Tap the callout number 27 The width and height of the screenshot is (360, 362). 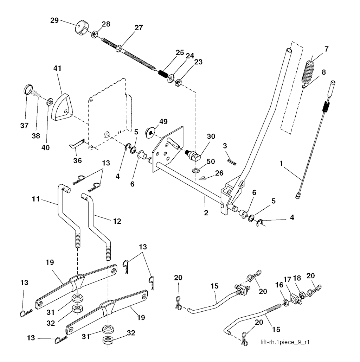pos(139,28)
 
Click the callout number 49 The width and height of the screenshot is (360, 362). pos(163,122)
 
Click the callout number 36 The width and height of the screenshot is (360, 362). pos(77,160)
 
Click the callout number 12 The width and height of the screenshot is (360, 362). pos(117,221)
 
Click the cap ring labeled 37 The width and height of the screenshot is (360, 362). pos(28,89)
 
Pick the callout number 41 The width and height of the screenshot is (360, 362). pos(57,68)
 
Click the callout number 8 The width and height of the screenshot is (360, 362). pos(323,72)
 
